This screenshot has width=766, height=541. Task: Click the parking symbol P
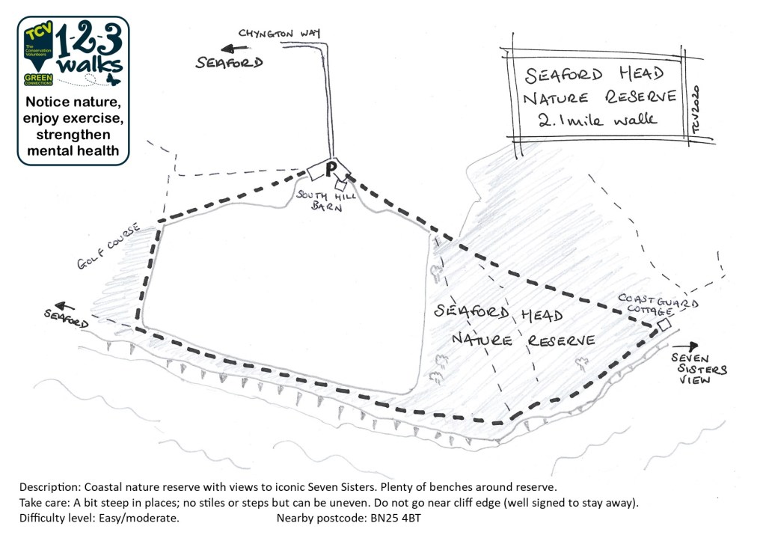[331, 170]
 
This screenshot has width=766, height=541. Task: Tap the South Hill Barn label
[326, 201]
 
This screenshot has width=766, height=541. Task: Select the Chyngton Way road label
[280, 33]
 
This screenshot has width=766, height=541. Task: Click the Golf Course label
[108, 245]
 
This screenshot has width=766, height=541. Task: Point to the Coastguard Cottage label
[658, 305]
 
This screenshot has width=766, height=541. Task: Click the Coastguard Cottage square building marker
[664, 325]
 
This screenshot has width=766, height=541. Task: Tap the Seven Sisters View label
[699, 369]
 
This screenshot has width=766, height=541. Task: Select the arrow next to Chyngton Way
[234, 49]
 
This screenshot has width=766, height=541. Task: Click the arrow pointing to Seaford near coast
[64, 307]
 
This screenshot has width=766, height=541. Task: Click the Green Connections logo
[38, 79]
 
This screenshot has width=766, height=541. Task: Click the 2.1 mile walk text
[597, 119]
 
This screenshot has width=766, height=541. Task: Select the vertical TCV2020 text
[696, 109]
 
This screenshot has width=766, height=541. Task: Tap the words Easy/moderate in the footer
[138, 518]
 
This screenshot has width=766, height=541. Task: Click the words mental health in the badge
[73, 150]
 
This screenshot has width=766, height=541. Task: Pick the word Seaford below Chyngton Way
[229, 63]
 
